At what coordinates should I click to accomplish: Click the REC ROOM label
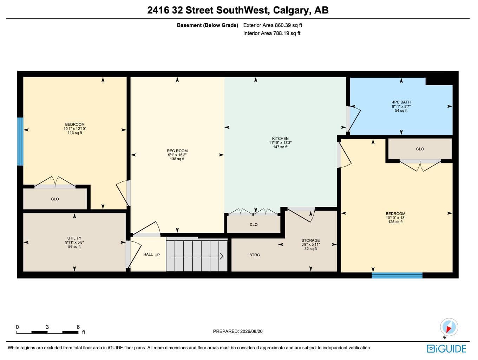177,151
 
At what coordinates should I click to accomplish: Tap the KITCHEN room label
280,139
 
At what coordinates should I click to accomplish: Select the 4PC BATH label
401,102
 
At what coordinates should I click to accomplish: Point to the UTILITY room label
74,238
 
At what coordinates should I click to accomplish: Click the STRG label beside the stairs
255,255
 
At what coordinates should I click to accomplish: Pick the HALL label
148,254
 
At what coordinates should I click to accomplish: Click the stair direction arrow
197,256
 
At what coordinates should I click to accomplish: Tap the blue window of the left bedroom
20,141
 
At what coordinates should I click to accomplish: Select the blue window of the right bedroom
397,275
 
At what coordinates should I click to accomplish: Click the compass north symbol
449,327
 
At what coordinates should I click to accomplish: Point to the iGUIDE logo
446,349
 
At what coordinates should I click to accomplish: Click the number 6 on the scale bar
78,327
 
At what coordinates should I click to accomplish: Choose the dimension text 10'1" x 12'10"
75,129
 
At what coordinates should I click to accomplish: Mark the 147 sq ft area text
280,147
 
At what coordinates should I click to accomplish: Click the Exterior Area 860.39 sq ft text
273,25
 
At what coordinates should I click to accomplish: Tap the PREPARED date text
237,331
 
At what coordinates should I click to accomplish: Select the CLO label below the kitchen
254,224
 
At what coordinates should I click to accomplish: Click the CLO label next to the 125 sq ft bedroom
420,149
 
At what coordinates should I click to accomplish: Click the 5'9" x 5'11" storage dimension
310,244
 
